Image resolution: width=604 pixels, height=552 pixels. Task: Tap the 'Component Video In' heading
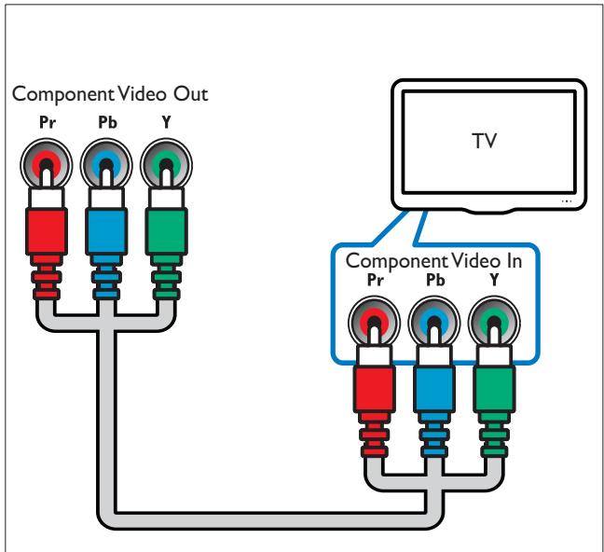[x=433, y=261]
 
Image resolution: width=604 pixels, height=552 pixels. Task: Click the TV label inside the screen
[x=484, y=141]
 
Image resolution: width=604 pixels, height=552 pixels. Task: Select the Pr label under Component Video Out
[x=48, y=122]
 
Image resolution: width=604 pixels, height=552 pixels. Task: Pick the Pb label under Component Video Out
[x=107, y=122]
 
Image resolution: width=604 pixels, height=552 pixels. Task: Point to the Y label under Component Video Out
[x=166, y=122]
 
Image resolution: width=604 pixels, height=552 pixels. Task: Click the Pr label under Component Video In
[x=376, y=280]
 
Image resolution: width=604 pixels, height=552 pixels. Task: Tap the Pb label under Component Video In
[x=435, y=280]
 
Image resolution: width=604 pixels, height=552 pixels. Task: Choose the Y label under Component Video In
[x=494, y=280]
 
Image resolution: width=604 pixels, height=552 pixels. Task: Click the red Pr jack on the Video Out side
[x=47, y=165]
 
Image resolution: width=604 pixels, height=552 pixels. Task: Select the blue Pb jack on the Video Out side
[x=106, y=165]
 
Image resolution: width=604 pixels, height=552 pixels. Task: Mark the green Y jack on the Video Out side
[x=166, y=165]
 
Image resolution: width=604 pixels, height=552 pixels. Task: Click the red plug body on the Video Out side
[x=47, y=231]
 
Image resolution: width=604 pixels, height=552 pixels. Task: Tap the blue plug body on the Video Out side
[x=106, y=231]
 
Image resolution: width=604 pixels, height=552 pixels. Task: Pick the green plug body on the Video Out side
[x=166, y=231]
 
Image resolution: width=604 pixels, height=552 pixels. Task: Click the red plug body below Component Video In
[x=375, y=389]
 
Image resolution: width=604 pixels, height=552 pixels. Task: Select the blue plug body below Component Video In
[x=434, y=389]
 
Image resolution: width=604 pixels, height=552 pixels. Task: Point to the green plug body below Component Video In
[x=494, y=389]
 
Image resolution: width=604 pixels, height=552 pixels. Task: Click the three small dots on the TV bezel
[x=567, y=200]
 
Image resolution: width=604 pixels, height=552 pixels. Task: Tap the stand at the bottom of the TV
[x=488, y=211]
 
